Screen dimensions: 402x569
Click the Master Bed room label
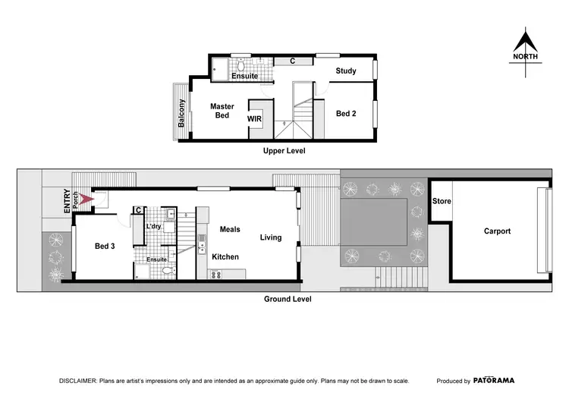[x=222, y=111]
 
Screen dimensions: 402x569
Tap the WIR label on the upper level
[x=255, y=119]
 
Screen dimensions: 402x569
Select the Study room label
[x=346, y=71]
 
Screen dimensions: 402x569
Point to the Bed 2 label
[x=346, y=113]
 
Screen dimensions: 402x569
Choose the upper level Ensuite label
[x=245, y=77]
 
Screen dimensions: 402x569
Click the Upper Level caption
[x=284, y=151]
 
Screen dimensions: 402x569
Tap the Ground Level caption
[x=288, y=299]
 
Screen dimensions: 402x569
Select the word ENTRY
[x=67, y=200]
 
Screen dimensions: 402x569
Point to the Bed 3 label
[x=105, y=247]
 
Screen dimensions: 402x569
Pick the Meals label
[x=230, y=228]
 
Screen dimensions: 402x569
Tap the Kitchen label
[x=225, y=257]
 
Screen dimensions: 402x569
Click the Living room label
[x=271, y=237]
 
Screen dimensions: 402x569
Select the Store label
[x=442, y=202]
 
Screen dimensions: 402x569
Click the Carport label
[x=497, y=231]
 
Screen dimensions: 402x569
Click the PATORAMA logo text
[x=496, y=381]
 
